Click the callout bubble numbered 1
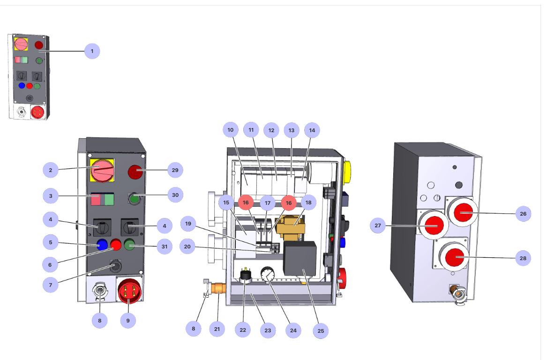click(x=92, y=51)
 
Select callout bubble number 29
click(x=175, y=170)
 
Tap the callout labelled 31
click(x=165, y=246)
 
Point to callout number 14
click(x=312, y=130)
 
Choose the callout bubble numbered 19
click(x=188, y=224)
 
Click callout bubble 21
click(x=217, y=329)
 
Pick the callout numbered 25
click(x=321, y=331)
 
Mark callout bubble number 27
click(x=377, y=225)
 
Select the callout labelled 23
click(x=268, y=330)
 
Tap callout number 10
click(x=230, y=130)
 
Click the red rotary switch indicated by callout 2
click(x=102, y=171)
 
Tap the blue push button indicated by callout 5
click(x=102, y=244)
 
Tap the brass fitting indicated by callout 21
click(x=218, y=288)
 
